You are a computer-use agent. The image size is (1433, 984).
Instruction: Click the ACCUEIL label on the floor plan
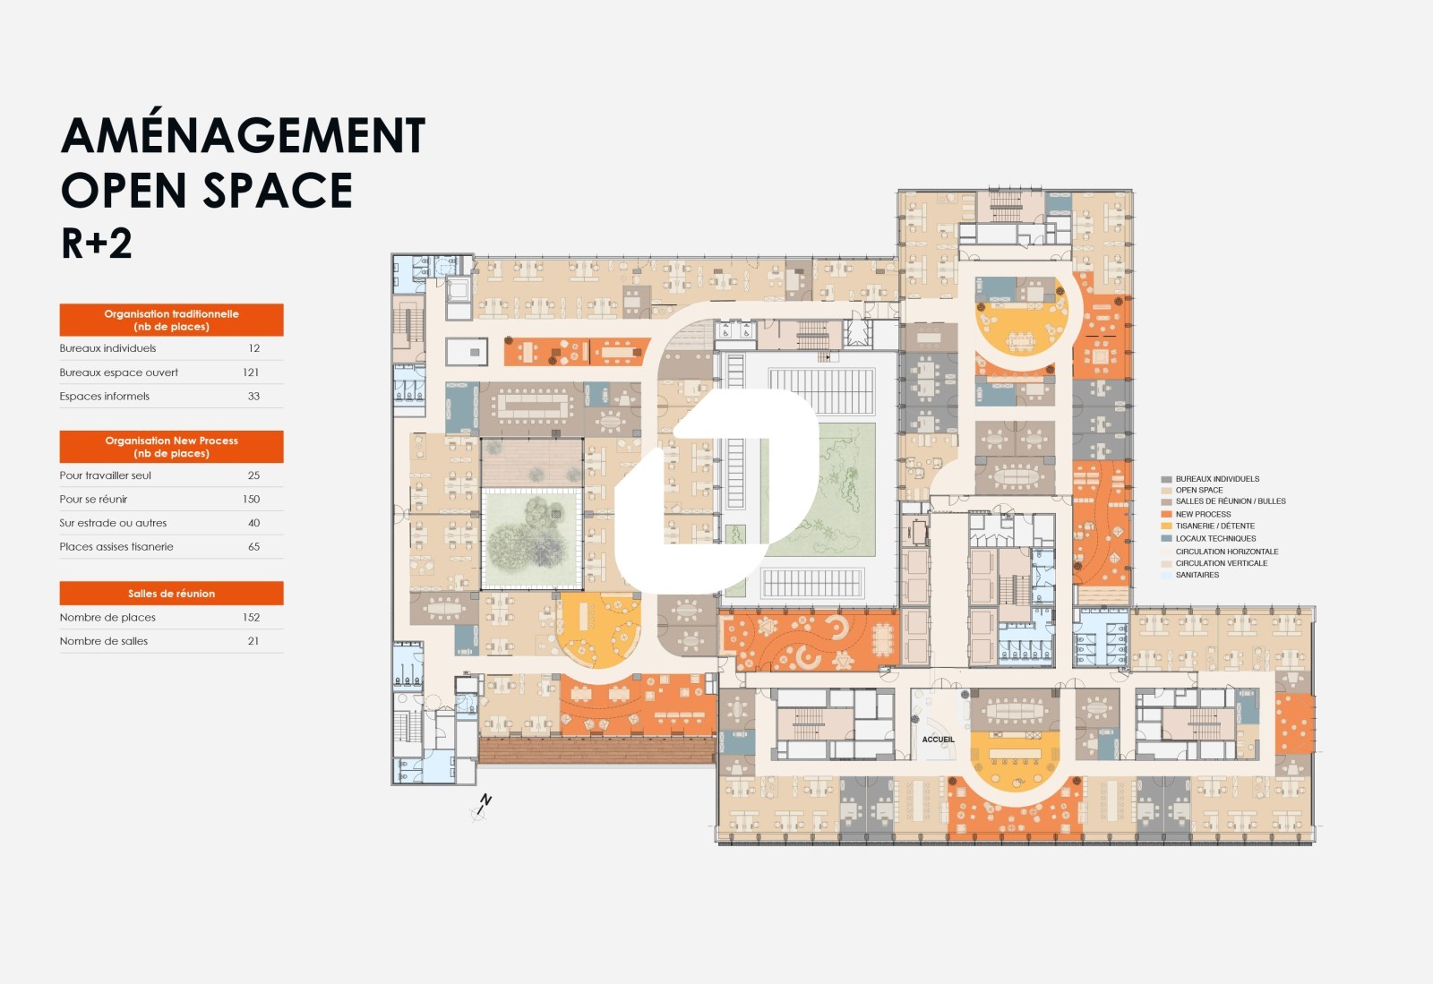click(938, 739)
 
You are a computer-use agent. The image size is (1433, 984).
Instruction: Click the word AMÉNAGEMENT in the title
click(243, 135)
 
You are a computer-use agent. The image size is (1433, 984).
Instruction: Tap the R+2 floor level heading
click(96, 243)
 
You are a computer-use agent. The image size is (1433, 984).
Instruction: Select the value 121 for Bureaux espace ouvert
click(251, 372)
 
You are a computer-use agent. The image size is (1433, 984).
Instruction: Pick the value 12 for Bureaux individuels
click(254, 348)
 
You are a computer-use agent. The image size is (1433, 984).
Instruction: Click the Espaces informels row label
click(104, 397)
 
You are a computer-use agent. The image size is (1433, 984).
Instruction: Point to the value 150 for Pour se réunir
click(251, 500)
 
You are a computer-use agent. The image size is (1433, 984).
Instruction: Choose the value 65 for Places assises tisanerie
click(254, 547)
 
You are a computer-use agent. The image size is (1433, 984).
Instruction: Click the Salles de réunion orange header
click(171, 594)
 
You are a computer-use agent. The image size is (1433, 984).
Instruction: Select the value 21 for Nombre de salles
click(253, 641)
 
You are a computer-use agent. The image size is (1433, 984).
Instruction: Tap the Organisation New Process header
click(171, 447)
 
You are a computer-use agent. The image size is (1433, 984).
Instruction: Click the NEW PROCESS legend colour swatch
click(1166, 514)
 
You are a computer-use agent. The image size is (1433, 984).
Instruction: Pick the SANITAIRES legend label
click(1197, 575)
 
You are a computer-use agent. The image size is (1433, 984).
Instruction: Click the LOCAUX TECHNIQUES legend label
click(1215, 538)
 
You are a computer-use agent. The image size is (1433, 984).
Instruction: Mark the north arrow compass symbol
click(482, 807)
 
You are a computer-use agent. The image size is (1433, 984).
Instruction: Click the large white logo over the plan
click(716, 491)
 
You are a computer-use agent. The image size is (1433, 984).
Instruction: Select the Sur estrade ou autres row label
click(113, 523)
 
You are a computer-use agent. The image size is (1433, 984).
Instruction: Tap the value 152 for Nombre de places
click(251, 618)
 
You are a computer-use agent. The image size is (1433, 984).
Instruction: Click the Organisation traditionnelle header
click(171, 320)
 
